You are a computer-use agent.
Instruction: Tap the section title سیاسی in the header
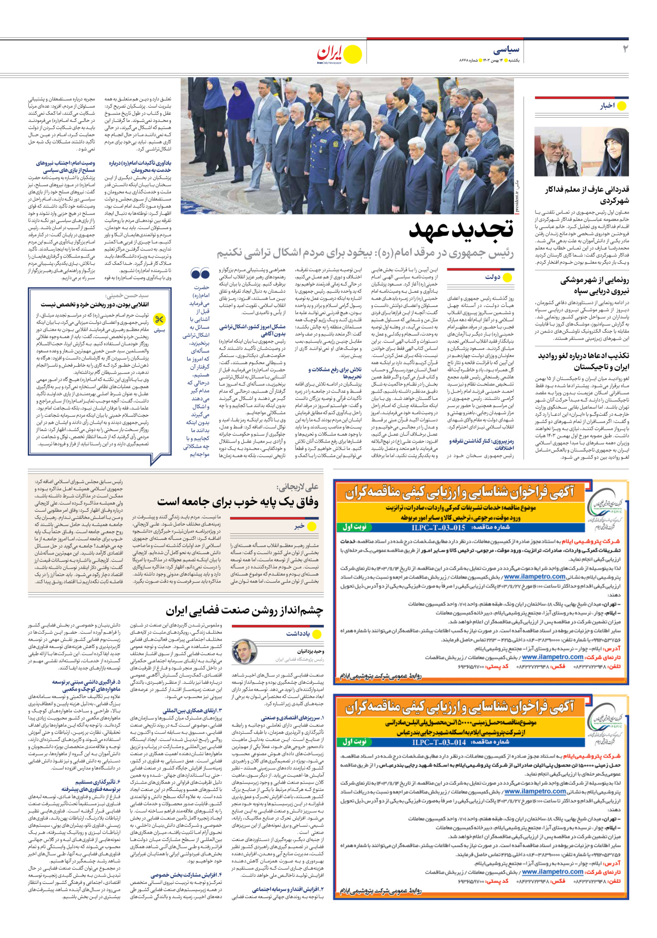point(506,50)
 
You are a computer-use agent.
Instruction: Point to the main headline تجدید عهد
point(461,229)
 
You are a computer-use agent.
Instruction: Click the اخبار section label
point(607,106)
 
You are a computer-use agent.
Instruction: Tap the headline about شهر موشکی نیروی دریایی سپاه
point(594,285)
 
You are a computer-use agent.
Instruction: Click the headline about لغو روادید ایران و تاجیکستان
point(583,361)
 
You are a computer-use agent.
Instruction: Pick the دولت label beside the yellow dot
point(492,277)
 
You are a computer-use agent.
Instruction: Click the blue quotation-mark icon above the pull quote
point(200,274)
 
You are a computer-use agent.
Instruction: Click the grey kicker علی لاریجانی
point(297,487)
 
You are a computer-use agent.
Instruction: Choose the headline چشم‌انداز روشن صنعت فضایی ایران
point(244,611)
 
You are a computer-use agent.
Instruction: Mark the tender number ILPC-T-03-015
point(438,527)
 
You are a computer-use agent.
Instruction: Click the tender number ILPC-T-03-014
point(438,742)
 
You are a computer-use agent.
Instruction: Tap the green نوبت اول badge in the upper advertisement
point(354,527)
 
